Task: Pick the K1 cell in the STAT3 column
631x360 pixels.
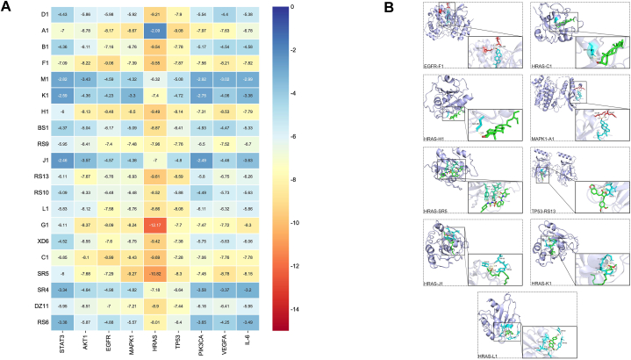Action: click(x=62, y=94)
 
